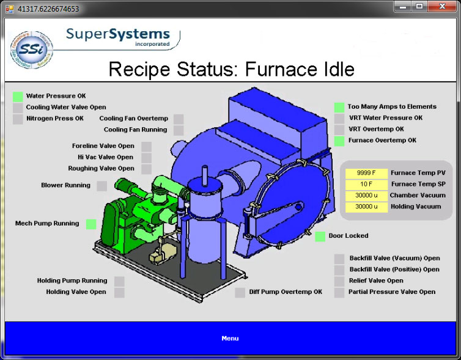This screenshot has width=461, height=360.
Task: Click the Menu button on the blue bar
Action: [230, 338]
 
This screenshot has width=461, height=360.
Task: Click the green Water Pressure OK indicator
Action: [18, 97]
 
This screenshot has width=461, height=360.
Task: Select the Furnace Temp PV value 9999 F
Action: [367, 173]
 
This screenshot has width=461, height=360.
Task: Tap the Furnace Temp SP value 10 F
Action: [367, 184]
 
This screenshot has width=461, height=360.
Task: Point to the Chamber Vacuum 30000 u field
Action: [367, 196]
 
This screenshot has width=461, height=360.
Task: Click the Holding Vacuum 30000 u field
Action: [367, 207]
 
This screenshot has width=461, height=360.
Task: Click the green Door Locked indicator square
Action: [320, 237]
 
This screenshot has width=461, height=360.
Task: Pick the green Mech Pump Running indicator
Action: [91, 224]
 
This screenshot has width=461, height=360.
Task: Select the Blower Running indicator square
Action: [101, 186]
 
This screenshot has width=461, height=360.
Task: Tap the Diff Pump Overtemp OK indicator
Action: [240, 292]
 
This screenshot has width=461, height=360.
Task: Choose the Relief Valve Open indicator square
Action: [339, 281]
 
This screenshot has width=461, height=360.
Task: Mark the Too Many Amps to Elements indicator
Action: [339, 107]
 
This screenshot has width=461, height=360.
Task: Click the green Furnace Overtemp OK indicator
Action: [339, 141]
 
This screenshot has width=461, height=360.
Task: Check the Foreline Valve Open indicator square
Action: [146, 147]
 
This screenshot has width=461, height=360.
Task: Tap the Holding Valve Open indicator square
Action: [119, 292]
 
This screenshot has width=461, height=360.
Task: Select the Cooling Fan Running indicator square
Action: [179, 130]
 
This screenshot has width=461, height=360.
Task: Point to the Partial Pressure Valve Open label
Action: [392, 292]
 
